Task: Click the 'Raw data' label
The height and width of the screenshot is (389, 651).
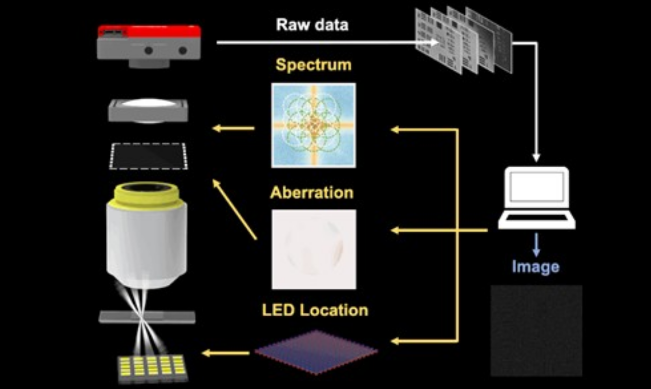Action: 312,24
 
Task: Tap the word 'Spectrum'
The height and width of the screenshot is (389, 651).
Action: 313,65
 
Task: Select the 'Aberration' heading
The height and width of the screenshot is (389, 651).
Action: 311,193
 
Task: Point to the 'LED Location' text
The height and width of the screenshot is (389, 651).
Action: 315,310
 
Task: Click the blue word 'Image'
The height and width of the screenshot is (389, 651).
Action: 535,266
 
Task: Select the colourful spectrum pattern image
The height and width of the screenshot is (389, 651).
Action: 313,125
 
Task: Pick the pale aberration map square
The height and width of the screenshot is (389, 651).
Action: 313,249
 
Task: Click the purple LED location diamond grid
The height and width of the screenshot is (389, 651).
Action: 316,352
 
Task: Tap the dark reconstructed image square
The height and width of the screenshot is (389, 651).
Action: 536,331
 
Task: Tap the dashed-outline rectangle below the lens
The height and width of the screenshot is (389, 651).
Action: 149,156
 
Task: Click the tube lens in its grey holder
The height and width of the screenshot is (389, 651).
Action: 148,110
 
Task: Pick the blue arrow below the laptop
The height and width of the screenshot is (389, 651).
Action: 536,245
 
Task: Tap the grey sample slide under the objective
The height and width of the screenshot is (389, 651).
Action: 147,317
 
